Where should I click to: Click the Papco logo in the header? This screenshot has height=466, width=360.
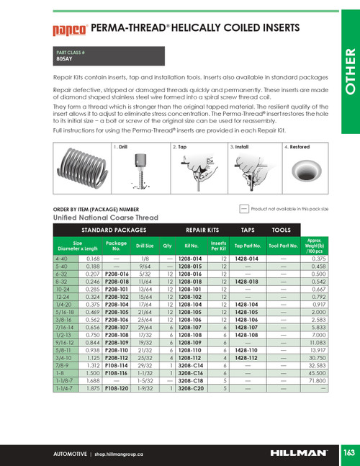69,30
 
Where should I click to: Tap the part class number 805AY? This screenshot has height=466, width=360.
66,61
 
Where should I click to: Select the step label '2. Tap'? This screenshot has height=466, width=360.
180,126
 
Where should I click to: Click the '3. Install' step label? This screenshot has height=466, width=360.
241,126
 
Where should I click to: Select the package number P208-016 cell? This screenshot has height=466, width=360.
116,274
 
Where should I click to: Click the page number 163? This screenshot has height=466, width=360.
348,454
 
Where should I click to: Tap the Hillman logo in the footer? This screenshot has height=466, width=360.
298,454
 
